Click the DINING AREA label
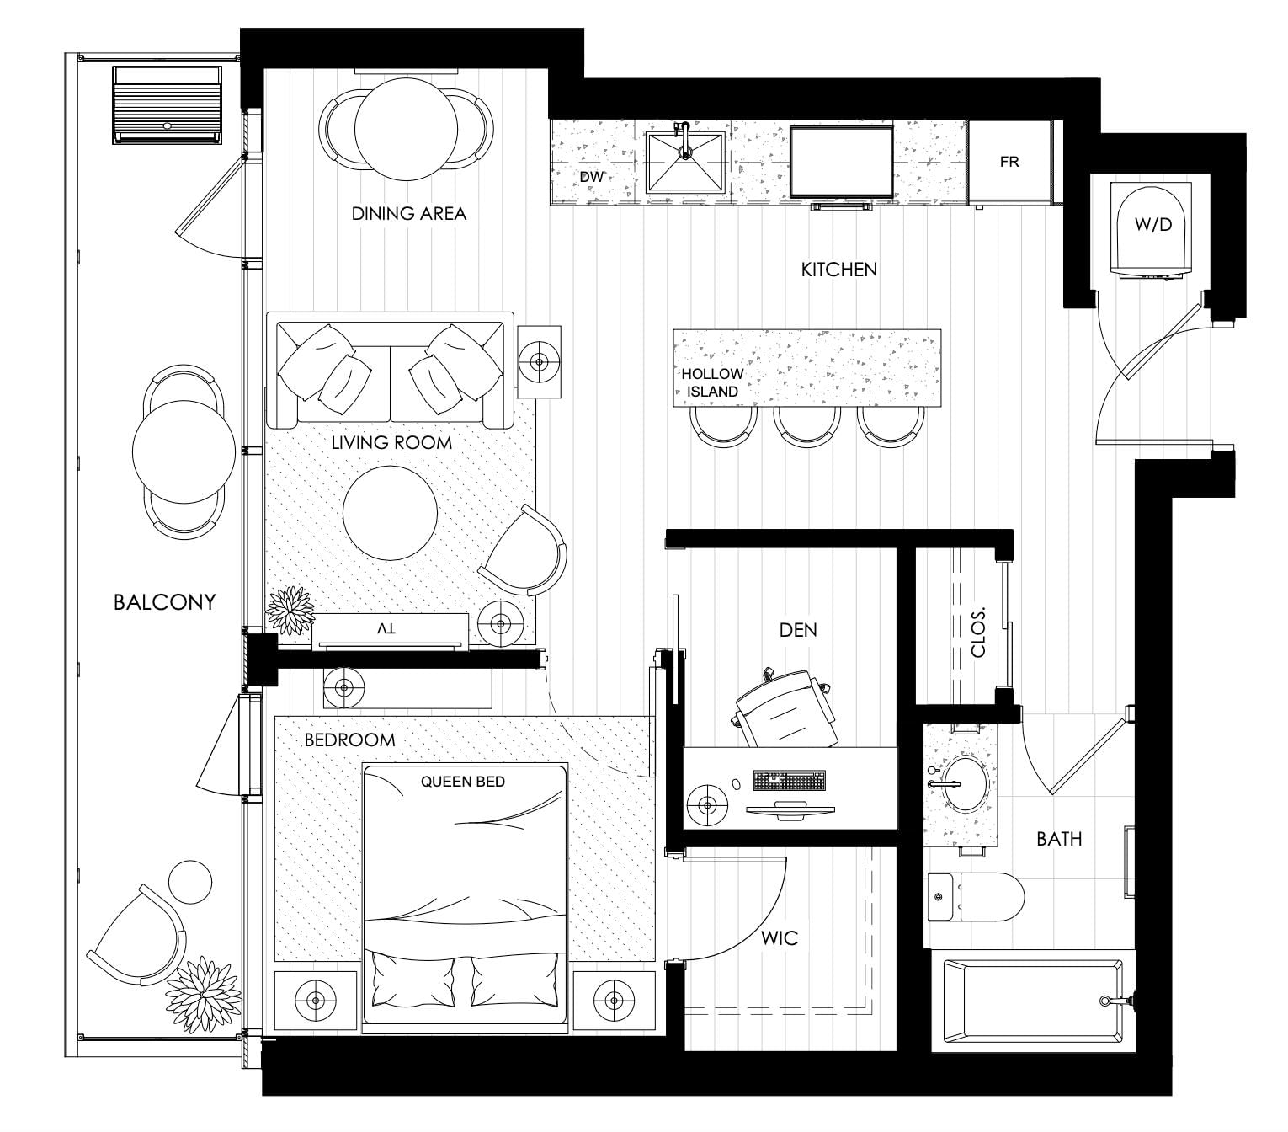tap(409, 213)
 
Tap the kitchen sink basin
tap(685, 163)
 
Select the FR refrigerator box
tap(1009, 163)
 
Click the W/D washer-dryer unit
tap(1152, 230)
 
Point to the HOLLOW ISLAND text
tap(712, 382)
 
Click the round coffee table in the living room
tap(390, 513)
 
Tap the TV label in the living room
tap(386, 628)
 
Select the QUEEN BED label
tap(463, 782)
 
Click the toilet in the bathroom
tap(975, 897)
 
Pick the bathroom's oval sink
tap(965, 784)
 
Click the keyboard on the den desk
tap(790, 780)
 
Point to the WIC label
tap(780, 937)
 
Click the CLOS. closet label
tap(978, 632)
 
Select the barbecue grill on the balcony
tap(168, 105)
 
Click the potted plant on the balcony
tap(204, 994)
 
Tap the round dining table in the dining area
tap(406, 129)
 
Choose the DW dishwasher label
tap(591, 177)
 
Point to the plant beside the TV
tap(290, 611)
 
